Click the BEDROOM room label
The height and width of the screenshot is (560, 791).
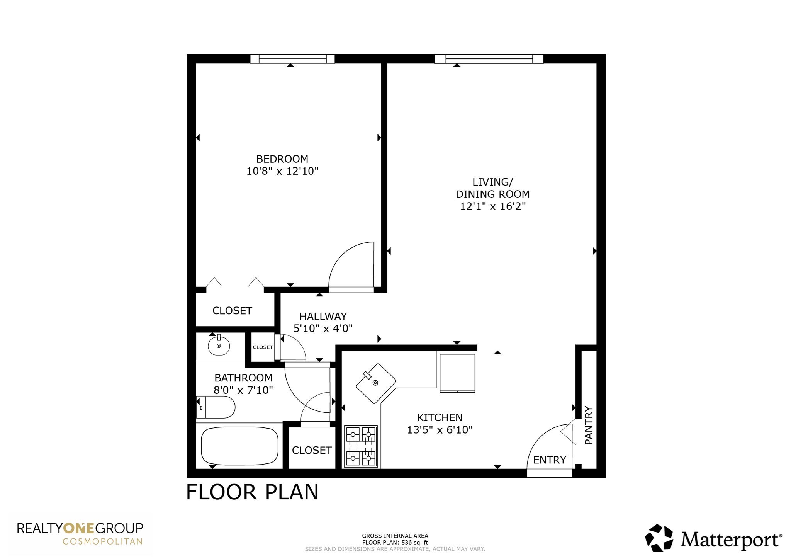pyautogui.click(x=282, y=159)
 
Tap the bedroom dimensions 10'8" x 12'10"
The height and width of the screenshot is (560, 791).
pyautogui.click(x=282, y=171)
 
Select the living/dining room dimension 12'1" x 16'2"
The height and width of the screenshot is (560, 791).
pyautogui.click(x=492, y=206)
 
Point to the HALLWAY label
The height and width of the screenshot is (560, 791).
pyautogui.click(x=323, y=317)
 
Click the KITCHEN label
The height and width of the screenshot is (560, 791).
pyautogui.click(x=440, y=417)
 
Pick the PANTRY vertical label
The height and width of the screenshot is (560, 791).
pyautogui.click(x=588, y=425)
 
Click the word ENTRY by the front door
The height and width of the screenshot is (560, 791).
pyautogui.click(x=549, y=460)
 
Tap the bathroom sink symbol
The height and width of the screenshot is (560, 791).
pyautogui.click(x=219, y=345)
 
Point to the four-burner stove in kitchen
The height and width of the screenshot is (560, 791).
pyautogui.click(x=361, y=446)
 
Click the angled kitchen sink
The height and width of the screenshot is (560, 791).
pyautogui.click(x=375, y=383)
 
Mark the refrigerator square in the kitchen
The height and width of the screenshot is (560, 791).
pyautogui.click(x=457, y=373)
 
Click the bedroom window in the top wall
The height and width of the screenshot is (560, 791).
pyautogui.click(x=292, y=59)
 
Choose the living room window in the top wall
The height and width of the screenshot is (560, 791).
pyautogui.click(x=489, y=59)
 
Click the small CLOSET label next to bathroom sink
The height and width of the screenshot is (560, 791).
pyautogui.click(x=263, y=347)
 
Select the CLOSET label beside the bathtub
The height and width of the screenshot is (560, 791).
pyautogui.click(x=312, y=450)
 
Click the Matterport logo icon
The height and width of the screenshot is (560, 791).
pyautogui.click(x=659, y=538)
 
